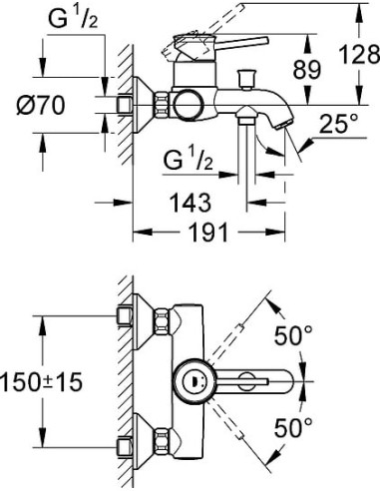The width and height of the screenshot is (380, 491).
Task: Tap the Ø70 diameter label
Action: pos(46,102)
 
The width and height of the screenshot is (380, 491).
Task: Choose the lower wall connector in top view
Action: pos(128,445)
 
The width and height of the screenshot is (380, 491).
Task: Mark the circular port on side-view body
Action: pos(185,102)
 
